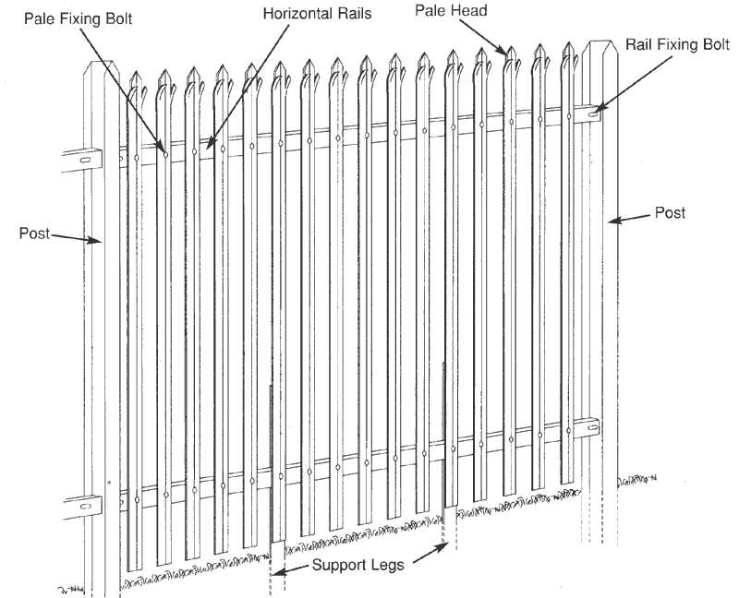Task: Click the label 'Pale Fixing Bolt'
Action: tap(78, 18)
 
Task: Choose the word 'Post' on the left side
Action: tap(34, 232)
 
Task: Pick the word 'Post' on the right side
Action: tap(671, 212)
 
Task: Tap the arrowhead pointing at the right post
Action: tap(612, 221)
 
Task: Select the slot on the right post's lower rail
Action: tap(589, 427)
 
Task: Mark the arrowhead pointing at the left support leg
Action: tap(278, 573)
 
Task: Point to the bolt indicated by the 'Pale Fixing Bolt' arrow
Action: tap(165, 153)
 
